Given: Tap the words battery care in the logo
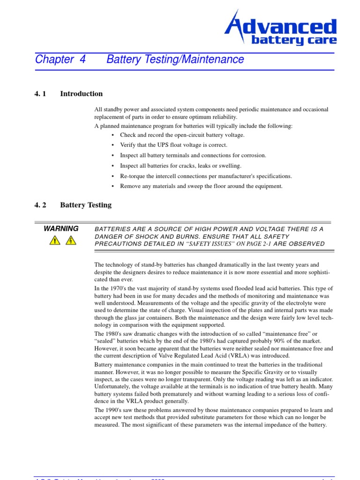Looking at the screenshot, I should pyautogui.click(x=294, y=40).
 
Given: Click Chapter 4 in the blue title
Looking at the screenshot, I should pyautogui.click(x=60, y=60).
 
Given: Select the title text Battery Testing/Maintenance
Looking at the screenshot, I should pyautogui.click(x=175, y=60).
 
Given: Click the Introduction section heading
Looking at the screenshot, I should pyautogui.click(x=81, y=94).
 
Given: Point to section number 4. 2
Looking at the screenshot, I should pyautogui.click(x=40, y=205).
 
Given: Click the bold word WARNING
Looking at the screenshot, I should pyautogui.click(x=61, y=229).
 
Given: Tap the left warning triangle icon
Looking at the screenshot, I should pyautogui.click(x=55, y=240).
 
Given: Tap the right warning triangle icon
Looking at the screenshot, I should pyautogui.click(x=71, y=240).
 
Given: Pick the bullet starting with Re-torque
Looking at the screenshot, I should pyautogui.click(x=206, y=176).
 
